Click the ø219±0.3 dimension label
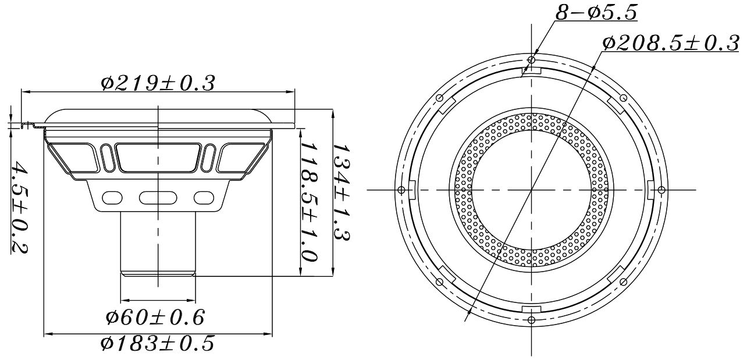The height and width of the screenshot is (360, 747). tap(158, 83)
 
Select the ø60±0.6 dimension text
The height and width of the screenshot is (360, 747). tap(155, 317)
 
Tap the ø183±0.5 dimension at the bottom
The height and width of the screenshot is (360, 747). tap(157, 344)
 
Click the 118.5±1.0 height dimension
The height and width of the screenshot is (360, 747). tap(308, 203)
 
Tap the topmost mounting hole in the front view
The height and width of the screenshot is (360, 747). tap(531, 60)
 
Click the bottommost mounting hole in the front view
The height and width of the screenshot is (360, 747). tap(531, 319)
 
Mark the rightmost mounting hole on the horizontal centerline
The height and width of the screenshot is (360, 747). tap(661, 190)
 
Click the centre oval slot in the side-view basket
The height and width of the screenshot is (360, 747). tap(157, 198)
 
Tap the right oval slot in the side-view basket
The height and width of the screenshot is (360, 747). tap(203, 198)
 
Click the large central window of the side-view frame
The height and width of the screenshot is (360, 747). tap(158, 157)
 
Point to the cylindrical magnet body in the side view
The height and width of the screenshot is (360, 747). tap(158, 241)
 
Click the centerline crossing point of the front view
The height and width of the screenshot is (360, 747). tap(531, 190)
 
